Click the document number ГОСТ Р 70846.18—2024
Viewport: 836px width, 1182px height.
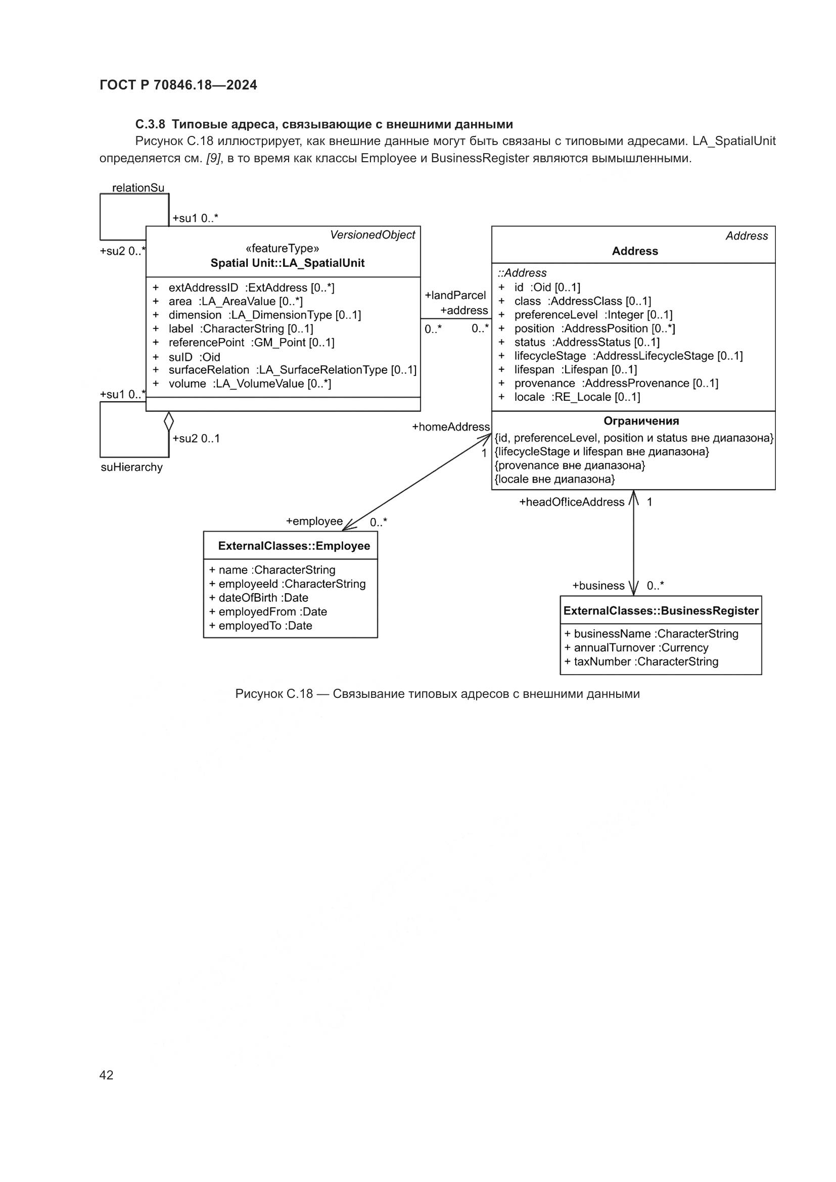tap(178, 85)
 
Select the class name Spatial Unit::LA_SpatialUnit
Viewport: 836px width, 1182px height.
tap(287, 263)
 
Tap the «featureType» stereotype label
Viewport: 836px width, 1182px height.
tap(282, 249)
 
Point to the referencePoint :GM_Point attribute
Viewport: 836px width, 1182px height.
tap(251, 342)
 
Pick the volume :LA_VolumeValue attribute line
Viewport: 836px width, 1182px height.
tap(250, 384)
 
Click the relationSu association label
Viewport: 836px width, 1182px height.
tap(138, 188)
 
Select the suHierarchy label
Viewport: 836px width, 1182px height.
tap(132, 467)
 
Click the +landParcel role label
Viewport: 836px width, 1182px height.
tap(455, 296)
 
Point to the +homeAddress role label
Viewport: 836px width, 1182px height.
tap(451, 427)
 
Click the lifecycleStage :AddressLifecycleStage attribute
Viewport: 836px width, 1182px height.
tap(628, 356)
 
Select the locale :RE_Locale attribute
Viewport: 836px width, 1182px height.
tap(577, 397)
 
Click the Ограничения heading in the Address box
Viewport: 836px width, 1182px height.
tap(641, 421)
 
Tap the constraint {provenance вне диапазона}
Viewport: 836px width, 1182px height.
tap(570, 465)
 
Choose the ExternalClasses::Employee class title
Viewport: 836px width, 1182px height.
tap(294, 546)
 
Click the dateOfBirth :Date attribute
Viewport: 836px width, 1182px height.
tap(263, 598)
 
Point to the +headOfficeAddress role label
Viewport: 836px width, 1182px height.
tap(572, 502)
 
